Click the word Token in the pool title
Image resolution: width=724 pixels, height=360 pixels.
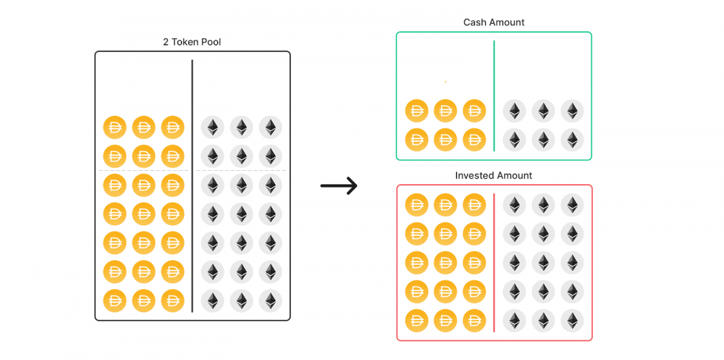[x=186, y=42]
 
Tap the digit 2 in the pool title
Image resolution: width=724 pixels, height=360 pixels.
[x=166, y=42]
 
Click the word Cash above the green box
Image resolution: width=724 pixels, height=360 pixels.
[x=476, y=22]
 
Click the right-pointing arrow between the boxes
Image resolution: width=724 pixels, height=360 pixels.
[x=339, y=186]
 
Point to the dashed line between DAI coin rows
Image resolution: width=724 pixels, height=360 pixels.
[x=143, y=171]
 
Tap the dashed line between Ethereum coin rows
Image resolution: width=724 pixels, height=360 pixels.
[x=241, y=171]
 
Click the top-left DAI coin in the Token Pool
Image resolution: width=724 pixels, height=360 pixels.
[x=114, y=127]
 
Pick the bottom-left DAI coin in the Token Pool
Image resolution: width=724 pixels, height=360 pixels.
[x=114, y=301]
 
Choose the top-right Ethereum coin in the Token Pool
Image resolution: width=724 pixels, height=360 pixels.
[x=270, y=127]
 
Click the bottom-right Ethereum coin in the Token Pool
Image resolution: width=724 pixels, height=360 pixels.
[x=270, y=301]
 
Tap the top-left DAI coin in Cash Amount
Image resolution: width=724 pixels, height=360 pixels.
[x=416, y=111]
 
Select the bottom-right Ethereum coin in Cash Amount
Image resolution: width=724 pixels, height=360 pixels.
[x=572, y=139]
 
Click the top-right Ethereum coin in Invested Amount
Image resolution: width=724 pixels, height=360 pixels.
[x=572, y=205]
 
